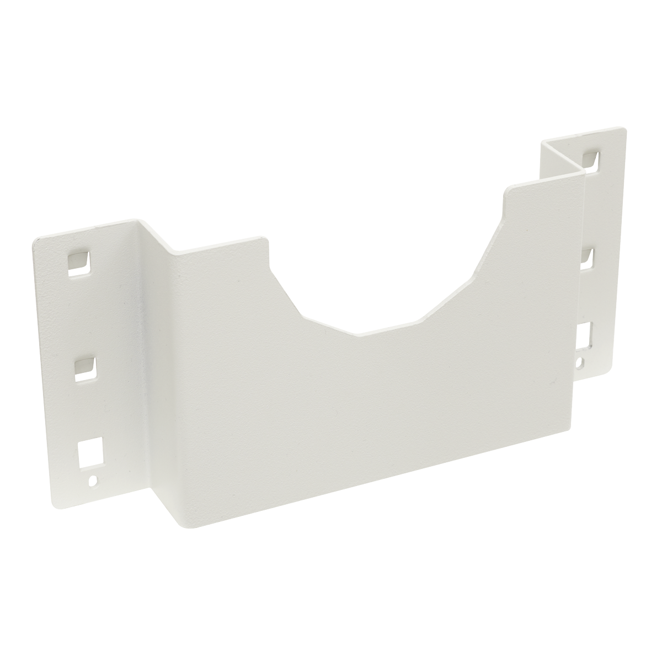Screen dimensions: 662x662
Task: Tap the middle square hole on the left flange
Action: [84, 366]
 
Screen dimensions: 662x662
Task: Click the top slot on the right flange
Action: [591, 159]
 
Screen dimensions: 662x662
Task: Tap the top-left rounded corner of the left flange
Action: [36, 239]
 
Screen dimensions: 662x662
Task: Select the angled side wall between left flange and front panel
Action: [152, 359]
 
